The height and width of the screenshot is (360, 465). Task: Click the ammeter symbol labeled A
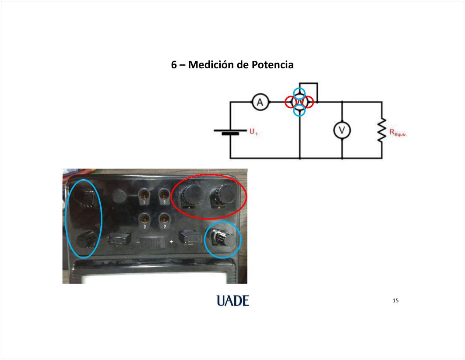260,102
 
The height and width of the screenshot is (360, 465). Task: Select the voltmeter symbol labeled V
342,131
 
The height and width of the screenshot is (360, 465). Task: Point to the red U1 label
253,131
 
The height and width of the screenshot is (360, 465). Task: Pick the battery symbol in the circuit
230,132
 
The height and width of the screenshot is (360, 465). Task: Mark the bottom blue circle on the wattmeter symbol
299,110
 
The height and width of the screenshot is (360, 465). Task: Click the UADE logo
232,300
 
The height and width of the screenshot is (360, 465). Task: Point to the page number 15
396,300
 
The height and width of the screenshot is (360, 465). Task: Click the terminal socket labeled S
164,195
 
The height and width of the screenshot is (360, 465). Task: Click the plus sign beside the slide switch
171,242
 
